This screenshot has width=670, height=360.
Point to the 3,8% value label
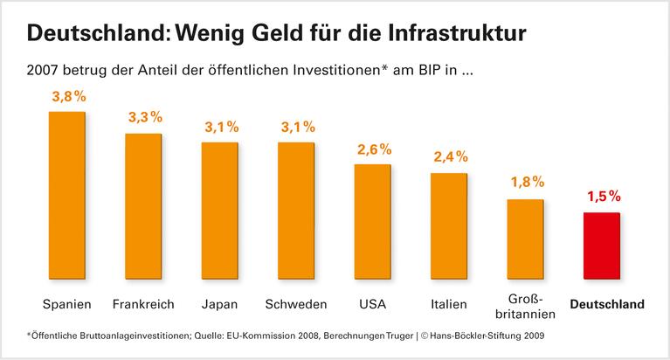67,98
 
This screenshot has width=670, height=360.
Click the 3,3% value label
143,118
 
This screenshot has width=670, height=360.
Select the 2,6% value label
373,149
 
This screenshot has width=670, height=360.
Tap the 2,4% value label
450,158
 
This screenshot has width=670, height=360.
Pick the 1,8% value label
526,183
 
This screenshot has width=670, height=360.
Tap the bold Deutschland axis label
606,305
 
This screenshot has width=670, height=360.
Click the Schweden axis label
296,305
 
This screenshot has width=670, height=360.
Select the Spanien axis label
66,305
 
